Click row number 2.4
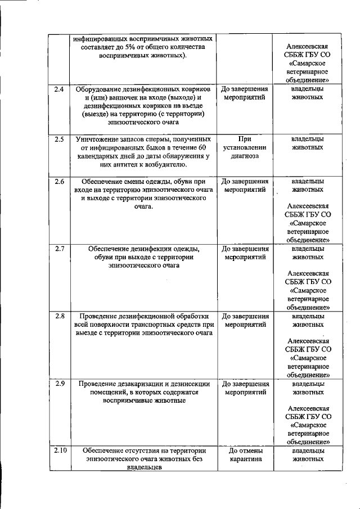[58, 89]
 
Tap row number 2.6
[58, 182]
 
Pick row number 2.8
[58, 316]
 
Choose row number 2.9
[58, 384]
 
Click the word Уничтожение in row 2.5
[98, 139]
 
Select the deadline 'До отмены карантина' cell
[245, 455]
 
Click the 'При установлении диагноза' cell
[245, 147]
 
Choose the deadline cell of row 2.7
[245, 253]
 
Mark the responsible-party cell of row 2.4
[308, 93]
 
